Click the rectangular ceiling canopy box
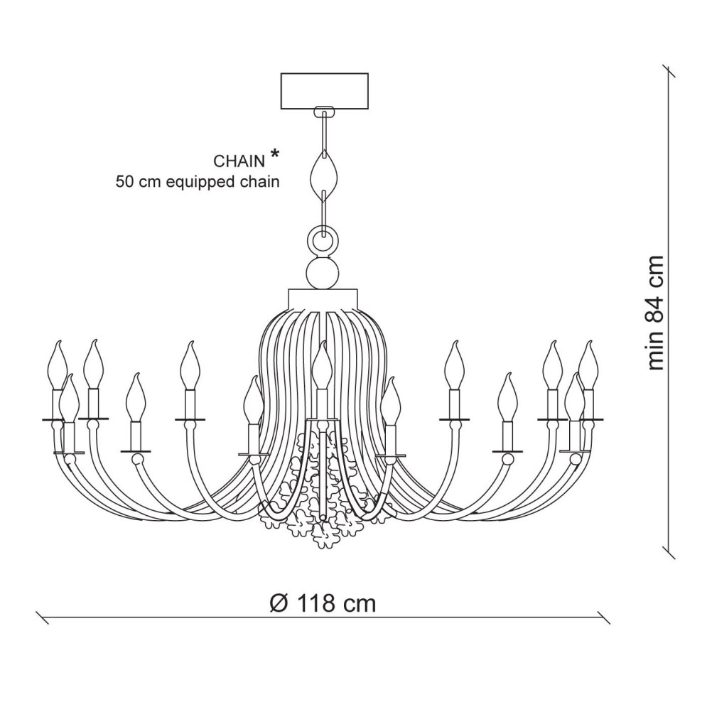click(325, 90)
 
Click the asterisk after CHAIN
click(274, 154)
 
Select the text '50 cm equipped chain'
click(198, 182)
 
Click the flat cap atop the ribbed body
click(324, 296)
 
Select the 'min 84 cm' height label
click(655, 313)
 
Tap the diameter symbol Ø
click(279, 604)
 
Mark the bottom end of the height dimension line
click(667, 548)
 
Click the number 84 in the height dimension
click(655, 308)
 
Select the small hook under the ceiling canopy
click(324, 111)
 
